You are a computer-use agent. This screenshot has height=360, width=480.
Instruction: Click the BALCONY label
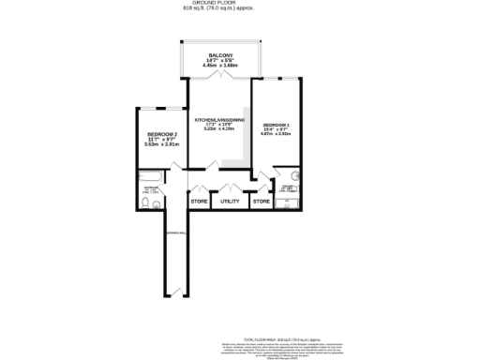[221, 55]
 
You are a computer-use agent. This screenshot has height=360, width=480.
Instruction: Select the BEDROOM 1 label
[276, 125]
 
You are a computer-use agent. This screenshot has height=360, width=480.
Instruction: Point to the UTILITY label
[230, 201]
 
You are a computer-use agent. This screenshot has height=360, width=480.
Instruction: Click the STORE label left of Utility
[199, 201]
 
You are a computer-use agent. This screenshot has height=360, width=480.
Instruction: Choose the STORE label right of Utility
[262, 201]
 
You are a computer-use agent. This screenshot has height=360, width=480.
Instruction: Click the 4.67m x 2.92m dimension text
[276, 136]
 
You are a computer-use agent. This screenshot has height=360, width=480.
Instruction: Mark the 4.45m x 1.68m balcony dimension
[221, 67]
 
